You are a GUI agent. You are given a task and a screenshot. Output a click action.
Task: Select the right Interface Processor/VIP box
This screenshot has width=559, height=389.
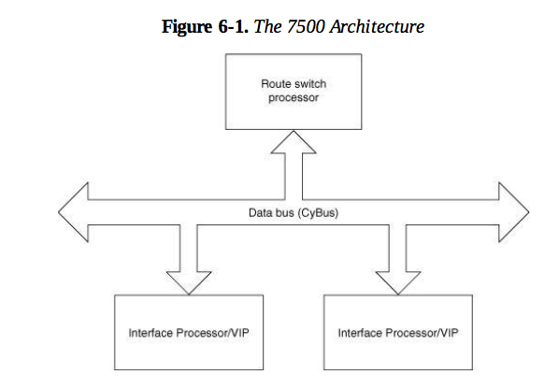pyautogui.click(x=399, y=332)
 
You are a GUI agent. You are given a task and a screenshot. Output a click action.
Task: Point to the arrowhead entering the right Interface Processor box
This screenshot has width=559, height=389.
pyautogui.click(x=399, y=278)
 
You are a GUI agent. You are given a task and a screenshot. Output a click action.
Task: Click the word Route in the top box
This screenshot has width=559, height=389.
pyautogui.click(x=274, y=83)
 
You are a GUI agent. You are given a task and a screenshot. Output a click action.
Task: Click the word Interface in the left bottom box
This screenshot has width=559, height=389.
pyautogui.click(x=149, y=333)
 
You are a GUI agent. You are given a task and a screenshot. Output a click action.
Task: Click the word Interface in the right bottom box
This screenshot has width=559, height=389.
pyautogui.click(x=358, y=333)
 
